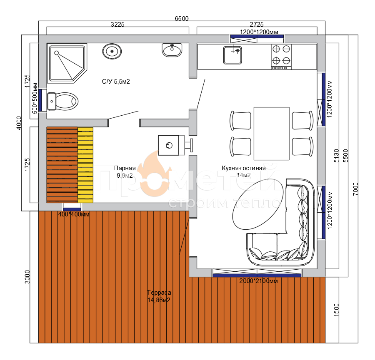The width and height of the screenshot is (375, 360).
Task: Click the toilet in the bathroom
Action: (x=62, y=102)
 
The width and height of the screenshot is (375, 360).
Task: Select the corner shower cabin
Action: (x=67, y=63)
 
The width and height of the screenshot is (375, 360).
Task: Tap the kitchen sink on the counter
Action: (x=232, y=55)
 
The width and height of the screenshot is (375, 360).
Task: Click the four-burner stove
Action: (x=281, y=57)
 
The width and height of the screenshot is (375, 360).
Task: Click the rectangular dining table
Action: (x=271, y=134)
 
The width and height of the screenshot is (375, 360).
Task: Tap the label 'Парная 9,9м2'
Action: (x=125, y=172)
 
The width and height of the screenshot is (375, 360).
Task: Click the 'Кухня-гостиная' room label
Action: (x=244, y=168)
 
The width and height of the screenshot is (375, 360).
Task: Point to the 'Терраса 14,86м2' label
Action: (x=159, y=296)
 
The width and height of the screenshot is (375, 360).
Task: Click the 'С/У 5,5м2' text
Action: (x=116, y=82)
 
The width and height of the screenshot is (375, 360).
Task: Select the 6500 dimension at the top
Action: (x=182, y=18)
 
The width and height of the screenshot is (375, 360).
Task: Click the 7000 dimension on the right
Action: (x=356, y=189)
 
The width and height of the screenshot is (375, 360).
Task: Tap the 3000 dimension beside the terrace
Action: (x=27, y=277)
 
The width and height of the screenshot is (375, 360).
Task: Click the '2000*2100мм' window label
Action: (x=258, y=281)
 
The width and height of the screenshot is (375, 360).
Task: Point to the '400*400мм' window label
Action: (x=74, y=214)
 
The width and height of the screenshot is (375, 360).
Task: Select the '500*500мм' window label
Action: (x=35, y=98)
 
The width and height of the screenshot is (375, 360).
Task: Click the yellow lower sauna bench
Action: (x=85, y=165)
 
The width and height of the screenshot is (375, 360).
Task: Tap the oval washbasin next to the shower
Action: (x=112, y=51)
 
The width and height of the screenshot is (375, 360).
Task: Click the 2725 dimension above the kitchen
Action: (x=257, y=25)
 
